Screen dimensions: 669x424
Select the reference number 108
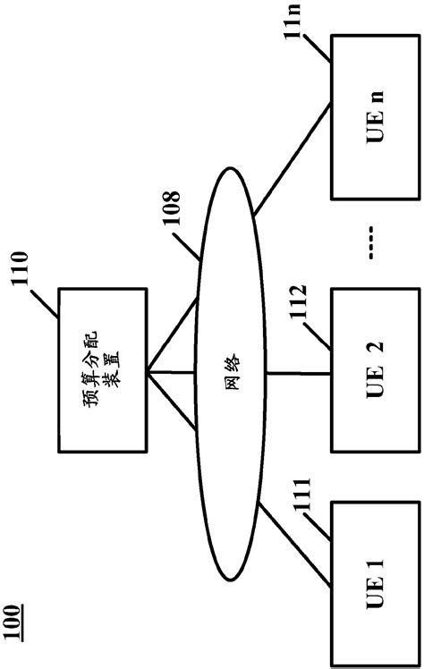coord(169,210)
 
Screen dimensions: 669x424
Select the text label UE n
coord(375,116)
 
